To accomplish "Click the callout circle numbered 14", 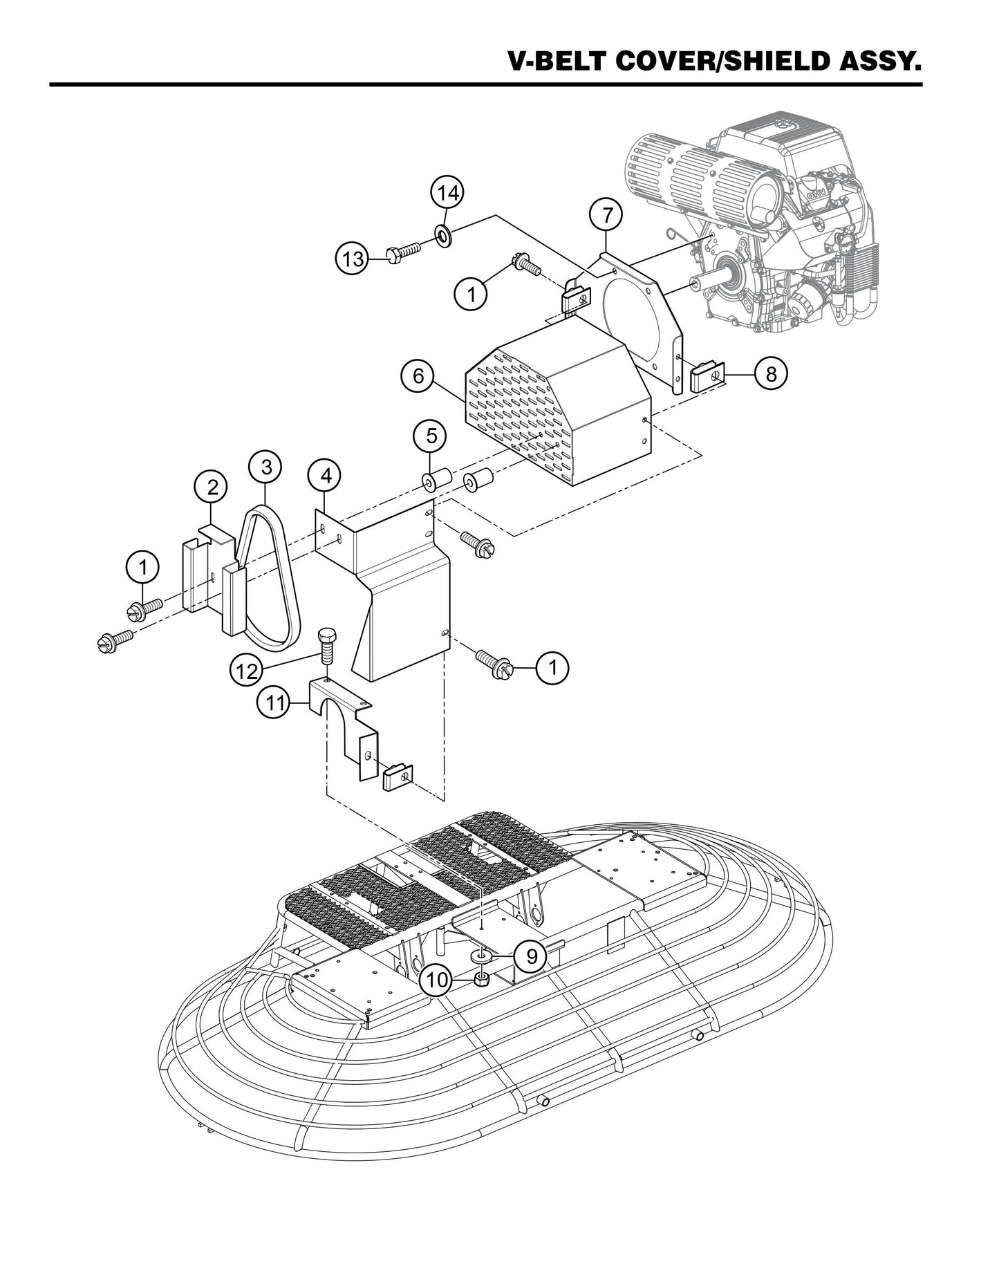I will click(x=448, y=193).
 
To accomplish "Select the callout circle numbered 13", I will click(x=353, y=259).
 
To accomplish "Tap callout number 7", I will click(x=606, y=215).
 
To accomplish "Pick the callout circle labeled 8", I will click(x=771, y=374).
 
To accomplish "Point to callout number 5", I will click(x=431, y=436).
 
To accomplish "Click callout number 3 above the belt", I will click(x=266, y=467).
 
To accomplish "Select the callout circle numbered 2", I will click(x=212, y=487).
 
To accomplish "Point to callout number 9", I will click(x=531, y=956).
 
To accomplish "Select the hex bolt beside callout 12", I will click(x=326, y=643).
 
